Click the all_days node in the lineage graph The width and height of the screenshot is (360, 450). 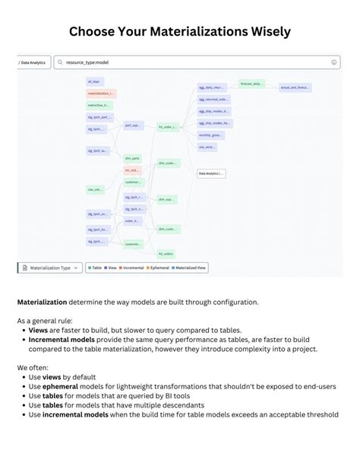coord(94,81)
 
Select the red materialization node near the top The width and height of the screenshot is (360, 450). coord(101,93)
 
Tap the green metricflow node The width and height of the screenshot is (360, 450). coord(99,105)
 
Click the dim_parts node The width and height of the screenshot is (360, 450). coord(132,158)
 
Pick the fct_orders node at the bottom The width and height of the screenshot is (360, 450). coord(166,253)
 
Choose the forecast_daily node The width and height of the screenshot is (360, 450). coord(251,84)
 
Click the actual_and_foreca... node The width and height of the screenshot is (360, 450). coord(295,87)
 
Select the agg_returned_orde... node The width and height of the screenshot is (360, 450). coord(213,99)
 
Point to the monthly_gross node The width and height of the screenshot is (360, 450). coord(210,134)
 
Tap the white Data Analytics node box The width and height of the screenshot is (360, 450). coord(210,173)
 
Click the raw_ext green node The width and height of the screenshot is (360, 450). coord(96,189)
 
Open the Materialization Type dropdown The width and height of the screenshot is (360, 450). coord(49,268)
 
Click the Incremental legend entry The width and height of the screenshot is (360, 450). coord(132,268)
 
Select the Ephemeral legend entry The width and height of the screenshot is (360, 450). coord(159,268)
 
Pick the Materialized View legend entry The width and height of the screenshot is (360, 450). coord(191,268)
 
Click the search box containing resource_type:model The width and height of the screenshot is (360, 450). coord(190,62)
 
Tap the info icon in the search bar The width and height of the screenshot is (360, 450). coord(334,62)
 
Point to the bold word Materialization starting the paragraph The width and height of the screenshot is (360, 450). coord(42,302)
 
